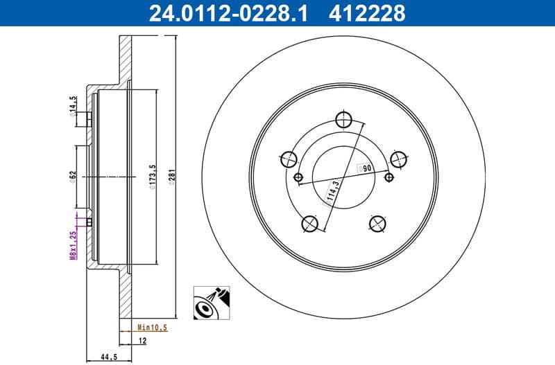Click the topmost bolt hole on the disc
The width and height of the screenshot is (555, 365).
click(x=342, y=118)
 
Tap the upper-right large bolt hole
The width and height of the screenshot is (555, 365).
click(x=398, y=159)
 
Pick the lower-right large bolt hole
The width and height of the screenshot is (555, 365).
click(x=377, y=223)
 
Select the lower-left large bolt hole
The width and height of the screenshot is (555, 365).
click(x=310, y=224)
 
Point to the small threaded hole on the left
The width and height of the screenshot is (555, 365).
click(x=298, y=178)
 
